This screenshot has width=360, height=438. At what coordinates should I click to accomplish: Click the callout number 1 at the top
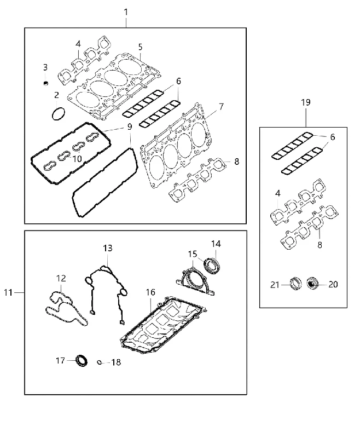[126, 12]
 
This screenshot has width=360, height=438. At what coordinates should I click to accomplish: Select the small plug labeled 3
[46, 83]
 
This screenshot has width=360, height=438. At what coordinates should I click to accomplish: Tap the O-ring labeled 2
[59, 114]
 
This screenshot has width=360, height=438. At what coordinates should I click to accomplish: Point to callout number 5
[140, 47]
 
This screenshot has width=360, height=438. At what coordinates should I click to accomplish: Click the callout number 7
[221, 107]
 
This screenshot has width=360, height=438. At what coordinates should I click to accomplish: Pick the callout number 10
[77, 159]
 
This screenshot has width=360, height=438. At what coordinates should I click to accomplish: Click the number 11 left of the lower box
[8, 292]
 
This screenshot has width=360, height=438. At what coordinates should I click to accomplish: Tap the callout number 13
[107, 248]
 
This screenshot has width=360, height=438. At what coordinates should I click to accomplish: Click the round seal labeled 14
[212, 265]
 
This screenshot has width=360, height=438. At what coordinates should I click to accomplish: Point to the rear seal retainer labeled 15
[195, 281]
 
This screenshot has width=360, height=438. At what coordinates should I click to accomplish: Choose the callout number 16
[150, 292]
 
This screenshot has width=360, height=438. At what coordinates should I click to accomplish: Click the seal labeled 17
[82, 360]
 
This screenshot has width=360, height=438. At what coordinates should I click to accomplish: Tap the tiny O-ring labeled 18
[99, 362]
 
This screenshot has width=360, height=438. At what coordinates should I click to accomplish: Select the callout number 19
[306, 102]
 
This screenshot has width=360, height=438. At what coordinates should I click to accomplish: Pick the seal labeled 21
[295, 283]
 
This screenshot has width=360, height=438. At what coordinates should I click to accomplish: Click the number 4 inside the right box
[278, 193]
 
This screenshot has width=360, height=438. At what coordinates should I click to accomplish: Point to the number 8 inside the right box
[320, 245]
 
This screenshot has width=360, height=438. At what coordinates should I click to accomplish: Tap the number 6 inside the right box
[333, 137]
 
